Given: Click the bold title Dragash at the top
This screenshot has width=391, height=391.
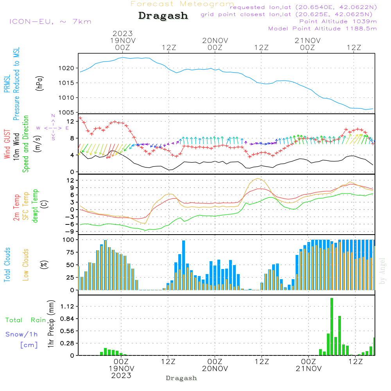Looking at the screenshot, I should coord(163,16).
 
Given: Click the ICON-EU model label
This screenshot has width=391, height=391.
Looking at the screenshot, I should coord(50,22).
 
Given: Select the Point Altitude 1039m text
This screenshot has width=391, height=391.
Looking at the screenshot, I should coord(338,22).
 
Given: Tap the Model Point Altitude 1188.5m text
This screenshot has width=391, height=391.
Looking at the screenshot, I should coord(322,29).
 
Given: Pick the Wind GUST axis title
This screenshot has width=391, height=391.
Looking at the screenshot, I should coord(7,145).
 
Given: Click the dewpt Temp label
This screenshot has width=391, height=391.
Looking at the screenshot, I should coord(36,206).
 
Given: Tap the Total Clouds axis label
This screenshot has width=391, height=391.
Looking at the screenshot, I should coord(7,265).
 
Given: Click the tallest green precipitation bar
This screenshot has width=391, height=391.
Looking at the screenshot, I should coord(332,326).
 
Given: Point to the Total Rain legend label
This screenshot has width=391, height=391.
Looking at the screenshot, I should coord(25,320).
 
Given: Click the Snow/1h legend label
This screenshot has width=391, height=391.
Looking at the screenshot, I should coord(22,334).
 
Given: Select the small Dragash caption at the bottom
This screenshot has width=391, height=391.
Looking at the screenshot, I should coord(181,378).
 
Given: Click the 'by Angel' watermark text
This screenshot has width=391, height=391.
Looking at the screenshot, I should coord(382,271).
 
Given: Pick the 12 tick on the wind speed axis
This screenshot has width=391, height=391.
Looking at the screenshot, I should coord(71,121).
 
